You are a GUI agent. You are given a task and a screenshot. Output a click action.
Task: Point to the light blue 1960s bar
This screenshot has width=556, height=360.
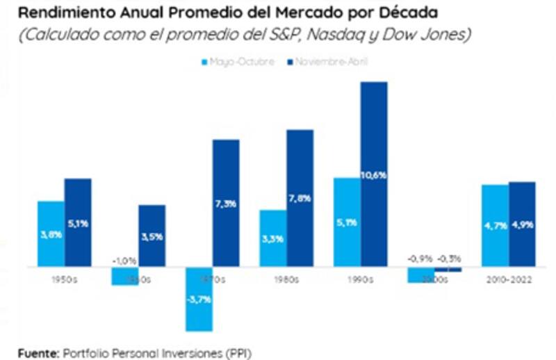point(124,275)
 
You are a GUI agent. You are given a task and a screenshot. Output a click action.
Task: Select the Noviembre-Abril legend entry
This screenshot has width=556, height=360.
point(327,62)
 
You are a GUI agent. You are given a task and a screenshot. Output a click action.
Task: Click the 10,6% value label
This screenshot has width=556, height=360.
point(374,175)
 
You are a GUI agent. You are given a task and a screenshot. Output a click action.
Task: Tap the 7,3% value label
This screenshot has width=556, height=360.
point(226,204)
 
